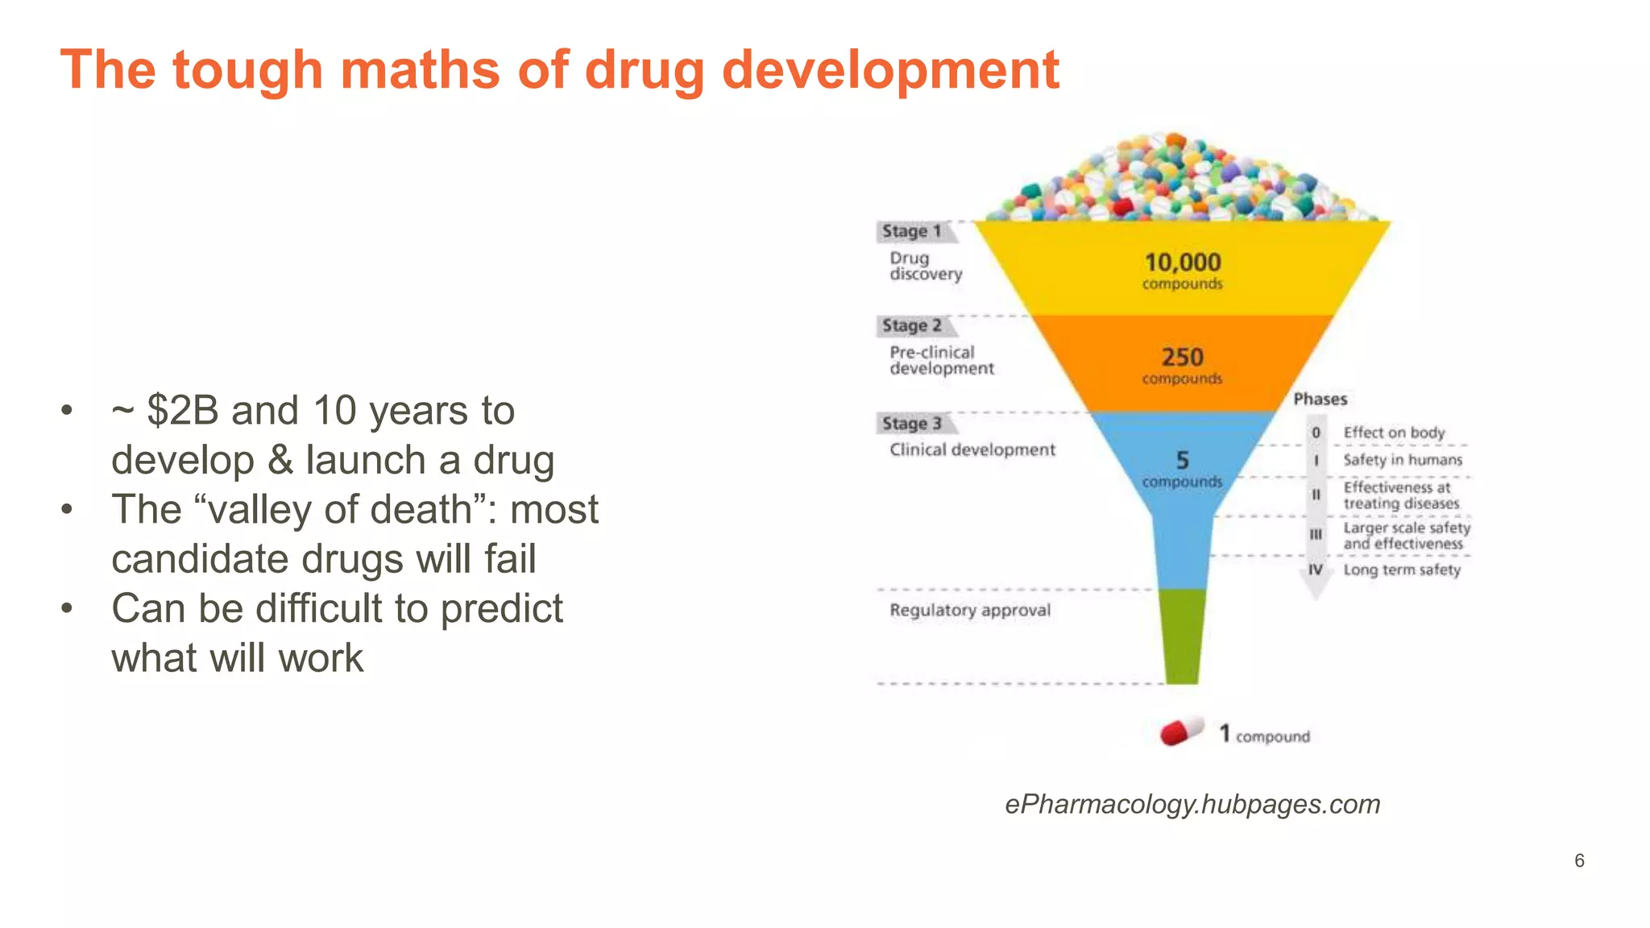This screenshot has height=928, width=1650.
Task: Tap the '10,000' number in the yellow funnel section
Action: (x=1183, y=263)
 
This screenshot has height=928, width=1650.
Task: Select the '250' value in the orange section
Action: (x=1182, y=357)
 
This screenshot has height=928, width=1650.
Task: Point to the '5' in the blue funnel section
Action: (x=1182, y=460)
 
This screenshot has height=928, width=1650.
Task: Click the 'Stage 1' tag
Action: (x=912, y=231)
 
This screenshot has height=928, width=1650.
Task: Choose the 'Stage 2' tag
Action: (x=912, y=325)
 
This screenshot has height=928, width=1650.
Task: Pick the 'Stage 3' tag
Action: (x=912, y=424)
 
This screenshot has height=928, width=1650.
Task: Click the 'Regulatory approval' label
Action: (x=970, y=611)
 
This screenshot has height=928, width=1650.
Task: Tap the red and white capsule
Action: (x=1181, y=731)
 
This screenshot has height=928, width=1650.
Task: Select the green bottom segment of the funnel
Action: (x=1182, y=636)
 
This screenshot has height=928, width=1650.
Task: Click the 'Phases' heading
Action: (x=1320, y=400)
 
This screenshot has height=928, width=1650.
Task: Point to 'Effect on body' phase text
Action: (x=1394, y=433)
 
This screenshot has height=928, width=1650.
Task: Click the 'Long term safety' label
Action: (x=1402, y=570)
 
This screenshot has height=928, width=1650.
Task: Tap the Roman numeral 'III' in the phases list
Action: (x=1316, y=534)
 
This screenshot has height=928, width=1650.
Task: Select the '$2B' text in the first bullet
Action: (x=183, y=411)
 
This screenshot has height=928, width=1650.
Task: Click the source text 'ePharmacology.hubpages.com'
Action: (x=1192, y=804)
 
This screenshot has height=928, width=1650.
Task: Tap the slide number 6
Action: (x=1579, y=860)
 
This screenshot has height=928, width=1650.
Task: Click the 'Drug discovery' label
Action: (x=926, y=266)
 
